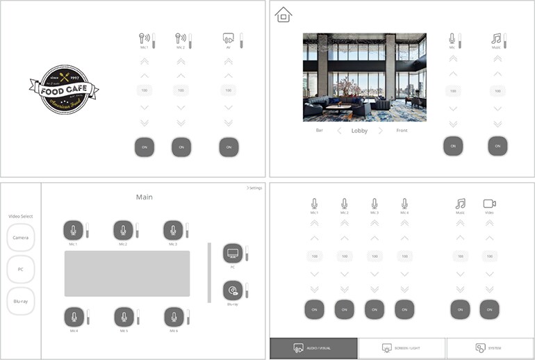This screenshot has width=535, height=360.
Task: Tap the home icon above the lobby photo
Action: click(283, 15)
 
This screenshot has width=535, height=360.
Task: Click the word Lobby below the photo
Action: click(359, 131)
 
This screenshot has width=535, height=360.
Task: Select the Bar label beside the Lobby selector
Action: click(320, 131)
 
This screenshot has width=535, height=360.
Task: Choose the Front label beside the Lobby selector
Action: click(402, 131)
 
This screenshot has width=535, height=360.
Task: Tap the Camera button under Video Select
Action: click(21, 238)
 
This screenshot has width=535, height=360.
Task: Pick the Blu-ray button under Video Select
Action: click(21, 302)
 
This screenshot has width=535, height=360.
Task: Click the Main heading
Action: click(144, 197)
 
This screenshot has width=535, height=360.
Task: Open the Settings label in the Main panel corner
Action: click(254, 188)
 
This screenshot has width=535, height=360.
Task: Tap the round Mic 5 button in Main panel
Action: click(124, 318)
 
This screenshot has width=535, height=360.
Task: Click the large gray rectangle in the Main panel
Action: click(127, 274)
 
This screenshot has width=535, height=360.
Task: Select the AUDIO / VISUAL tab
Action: click(314, 347)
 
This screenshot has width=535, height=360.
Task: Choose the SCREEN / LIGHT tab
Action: click(402, 347)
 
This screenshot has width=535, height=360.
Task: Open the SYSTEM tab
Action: click(491, 347)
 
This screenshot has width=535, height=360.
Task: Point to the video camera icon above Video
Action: click(490, 204)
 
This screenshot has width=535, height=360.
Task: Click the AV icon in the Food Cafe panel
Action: click(227, 38)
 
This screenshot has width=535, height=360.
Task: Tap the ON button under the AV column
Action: click(229, 147)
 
